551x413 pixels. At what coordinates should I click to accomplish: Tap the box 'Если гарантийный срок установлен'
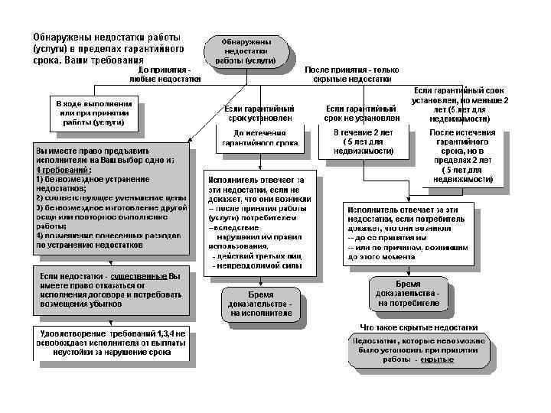click(258, 113)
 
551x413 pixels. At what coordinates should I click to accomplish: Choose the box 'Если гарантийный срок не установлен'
click(361, 113)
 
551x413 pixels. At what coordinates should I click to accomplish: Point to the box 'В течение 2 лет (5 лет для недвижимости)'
click(361, 142)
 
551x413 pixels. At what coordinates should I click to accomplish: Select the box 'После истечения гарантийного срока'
click(461, 156)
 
